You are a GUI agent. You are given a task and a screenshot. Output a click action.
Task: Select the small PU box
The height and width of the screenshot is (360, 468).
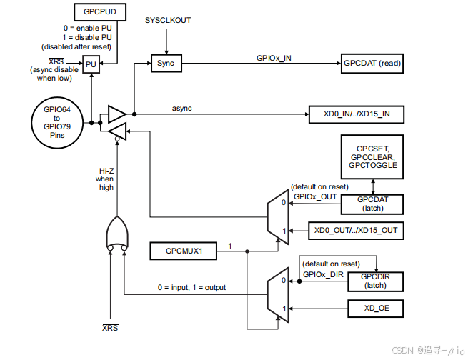coord(91,64)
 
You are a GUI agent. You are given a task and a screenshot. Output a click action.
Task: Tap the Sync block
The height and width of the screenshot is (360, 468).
coord(166,64)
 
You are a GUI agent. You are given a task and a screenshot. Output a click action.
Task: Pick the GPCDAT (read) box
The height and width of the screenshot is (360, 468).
coord(372,64)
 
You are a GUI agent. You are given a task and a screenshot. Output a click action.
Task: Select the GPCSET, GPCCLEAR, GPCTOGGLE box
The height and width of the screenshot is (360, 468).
coord(372,156)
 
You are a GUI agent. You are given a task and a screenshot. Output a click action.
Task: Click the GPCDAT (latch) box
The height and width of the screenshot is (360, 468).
coord(372,204)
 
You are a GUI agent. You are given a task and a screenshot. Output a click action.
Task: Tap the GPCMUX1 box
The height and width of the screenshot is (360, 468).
coord(178,251)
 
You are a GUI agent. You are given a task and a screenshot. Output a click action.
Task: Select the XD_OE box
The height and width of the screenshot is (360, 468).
coord(374,309)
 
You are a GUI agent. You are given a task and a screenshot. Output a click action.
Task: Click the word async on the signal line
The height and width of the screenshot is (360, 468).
coord(181,108)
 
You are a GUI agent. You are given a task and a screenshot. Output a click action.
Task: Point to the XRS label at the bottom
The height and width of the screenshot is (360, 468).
coord(110,327)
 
